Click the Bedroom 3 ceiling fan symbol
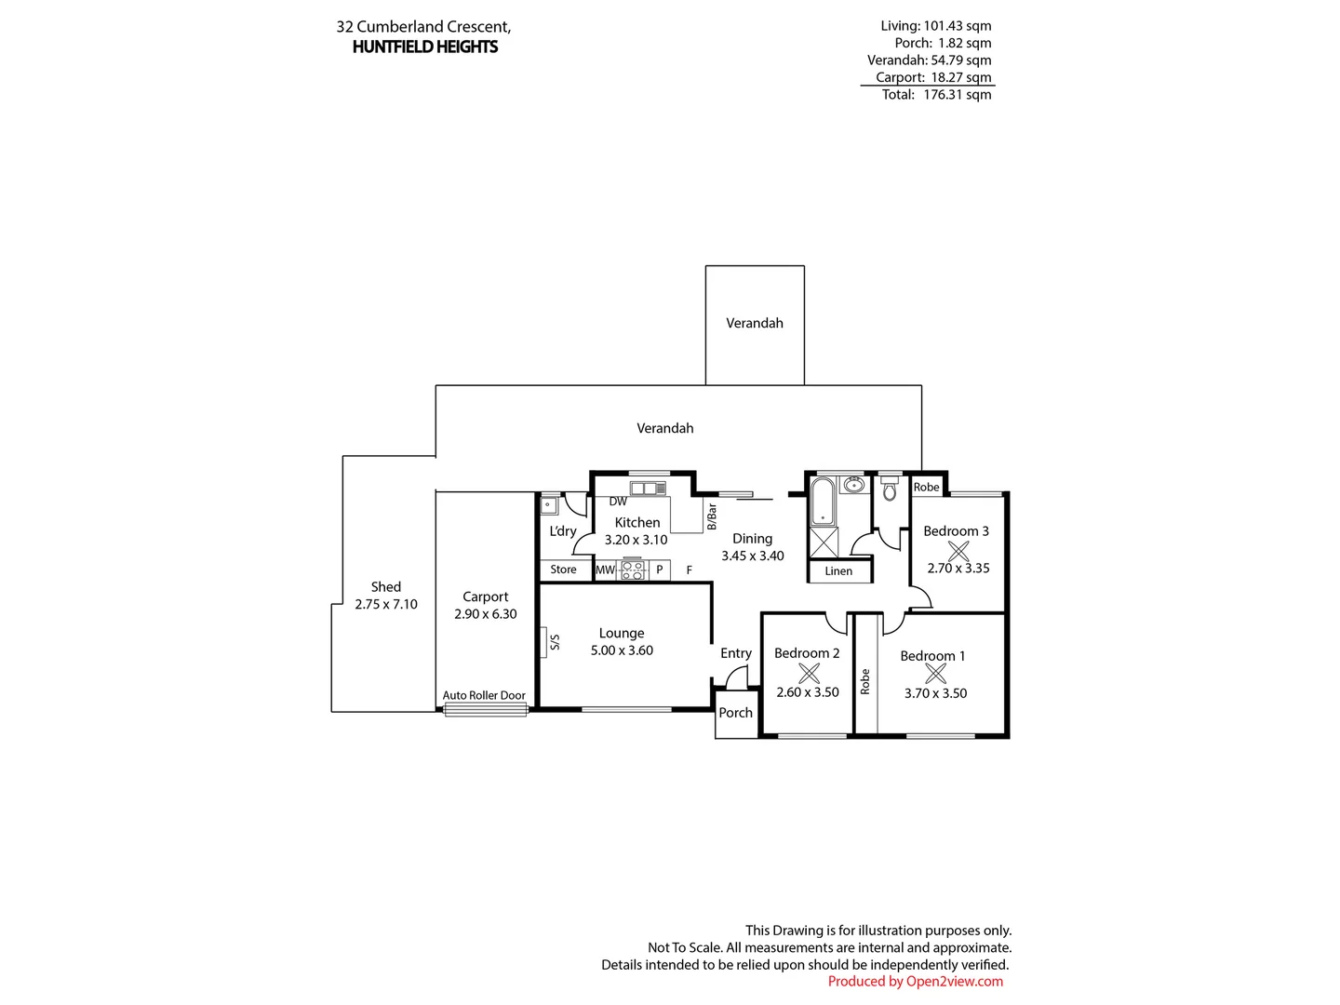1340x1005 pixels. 958,550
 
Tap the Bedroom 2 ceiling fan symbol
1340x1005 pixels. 809,673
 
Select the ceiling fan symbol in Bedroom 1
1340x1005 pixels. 935,674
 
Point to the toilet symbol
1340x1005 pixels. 889,489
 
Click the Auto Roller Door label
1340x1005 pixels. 484,695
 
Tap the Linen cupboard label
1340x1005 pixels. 838,571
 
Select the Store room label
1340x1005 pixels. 563,569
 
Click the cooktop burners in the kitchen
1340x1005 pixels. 632,569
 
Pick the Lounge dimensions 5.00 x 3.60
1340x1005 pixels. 622,650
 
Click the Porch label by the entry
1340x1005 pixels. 735,713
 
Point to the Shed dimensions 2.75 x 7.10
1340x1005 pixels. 386,604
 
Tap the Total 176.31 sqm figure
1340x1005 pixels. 937,94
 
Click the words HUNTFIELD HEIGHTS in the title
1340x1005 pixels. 425,47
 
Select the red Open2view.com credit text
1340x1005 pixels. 916,981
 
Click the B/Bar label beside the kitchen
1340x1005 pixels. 712,516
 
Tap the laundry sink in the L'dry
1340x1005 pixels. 549,505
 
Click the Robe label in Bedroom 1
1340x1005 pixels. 865,681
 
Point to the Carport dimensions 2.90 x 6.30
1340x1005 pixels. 486,614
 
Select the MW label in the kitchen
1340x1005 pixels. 605,570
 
